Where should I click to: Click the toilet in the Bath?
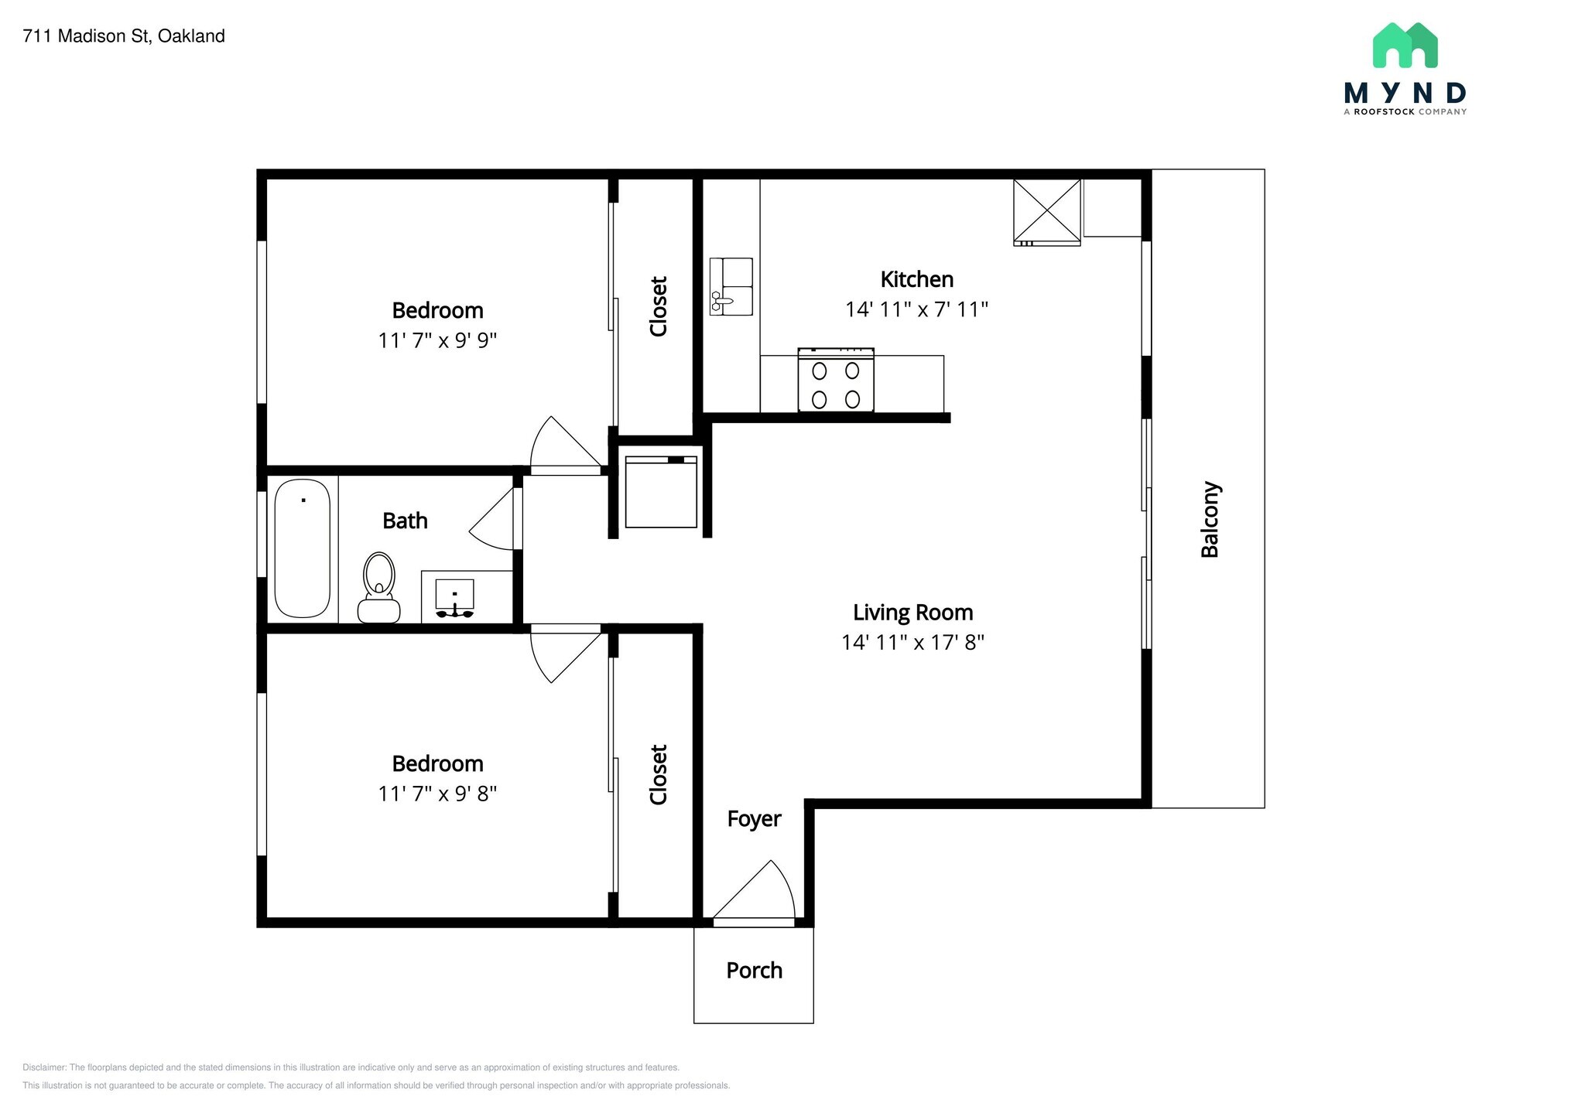(378, 588)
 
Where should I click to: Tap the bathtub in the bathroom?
(303, 548)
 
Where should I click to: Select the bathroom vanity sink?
(455, 598)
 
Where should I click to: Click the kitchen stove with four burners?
(836, 380)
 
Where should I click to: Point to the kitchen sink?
(731, 286)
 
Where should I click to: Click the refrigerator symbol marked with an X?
(1046, 212)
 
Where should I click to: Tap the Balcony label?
(1210, 519)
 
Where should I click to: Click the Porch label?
(754, 970)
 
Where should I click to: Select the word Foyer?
(754, 818)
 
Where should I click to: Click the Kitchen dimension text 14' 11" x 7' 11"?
(916, 309)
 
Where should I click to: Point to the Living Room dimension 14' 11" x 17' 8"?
(912, 642)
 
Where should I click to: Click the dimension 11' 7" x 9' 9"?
(437, 340)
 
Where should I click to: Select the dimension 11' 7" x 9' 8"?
(437, 794)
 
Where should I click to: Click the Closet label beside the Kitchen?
(658, 306)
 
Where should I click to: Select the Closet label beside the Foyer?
(658, 774)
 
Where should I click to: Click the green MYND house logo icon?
(1405, 45)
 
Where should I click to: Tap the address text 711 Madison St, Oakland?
(124, 36)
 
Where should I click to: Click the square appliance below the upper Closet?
(661, 492)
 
